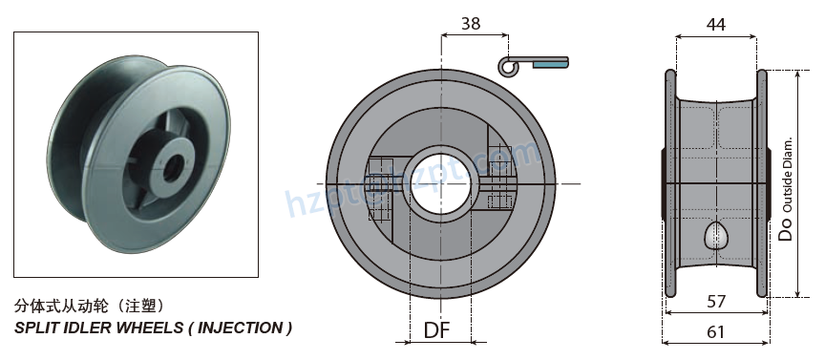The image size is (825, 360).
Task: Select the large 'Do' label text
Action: pyautogui.click(x=786, y=226)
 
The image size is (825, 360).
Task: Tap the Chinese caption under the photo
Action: pyautogui.click(x=92, y=307)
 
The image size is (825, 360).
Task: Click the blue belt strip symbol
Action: pyautogui.click(x=549, y=64)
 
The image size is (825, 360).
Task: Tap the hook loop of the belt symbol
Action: pyautogui.click(x=508, y=65)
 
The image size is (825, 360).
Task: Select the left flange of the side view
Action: pyautogui.click(x=669, y=181)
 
